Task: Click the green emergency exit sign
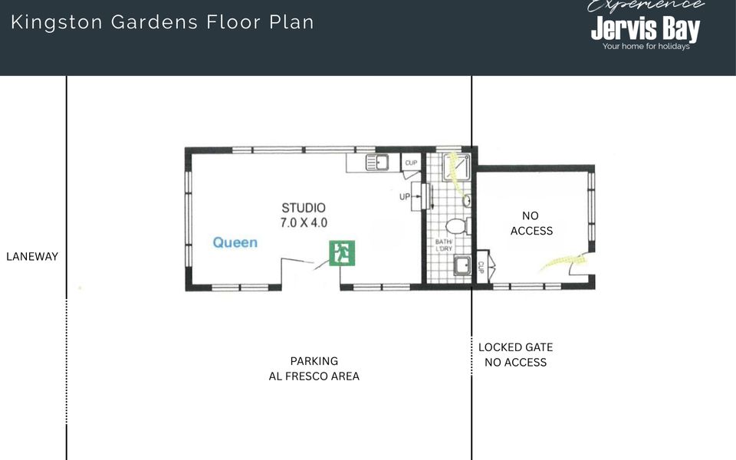point(342,253)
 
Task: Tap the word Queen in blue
point(235,243)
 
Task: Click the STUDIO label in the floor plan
point(304,208)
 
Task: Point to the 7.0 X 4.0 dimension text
point(304,223)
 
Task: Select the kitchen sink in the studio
point(376,163)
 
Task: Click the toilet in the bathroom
point(457,227)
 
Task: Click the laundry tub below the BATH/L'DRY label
point(462,266)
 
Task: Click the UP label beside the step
point(404,197)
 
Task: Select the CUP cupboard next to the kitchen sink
point(410,163)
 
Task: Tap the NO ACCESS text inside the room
point(531,223)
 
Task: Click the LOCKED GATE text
point(515,347)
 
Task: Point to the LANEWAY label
point(32,257)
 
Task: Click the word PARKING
point(314,361)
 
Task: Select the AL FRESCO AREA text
point(314,376)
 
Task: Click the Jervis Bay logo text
point(645,29)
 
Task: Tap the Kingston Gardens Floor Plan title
point(163,21)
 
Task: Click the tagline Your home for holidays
point(646,47)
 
